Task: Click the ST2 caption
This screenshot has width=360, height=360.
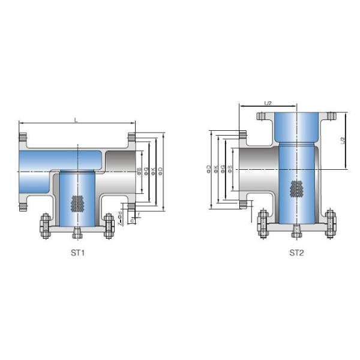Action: click(296, 253)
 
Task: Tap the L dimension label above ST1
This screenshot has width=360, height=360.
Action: click(76, 121)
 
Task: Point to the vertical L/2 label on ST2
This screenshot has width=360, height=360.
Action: click(343, 141)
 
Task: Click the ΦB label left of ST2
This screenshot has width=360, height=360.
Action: click(230, 170)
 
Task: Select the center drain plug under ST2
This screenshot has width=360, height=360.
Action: click(296, 230)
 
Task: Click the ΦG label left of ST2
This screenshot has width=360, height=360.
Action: click(223, 169)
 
